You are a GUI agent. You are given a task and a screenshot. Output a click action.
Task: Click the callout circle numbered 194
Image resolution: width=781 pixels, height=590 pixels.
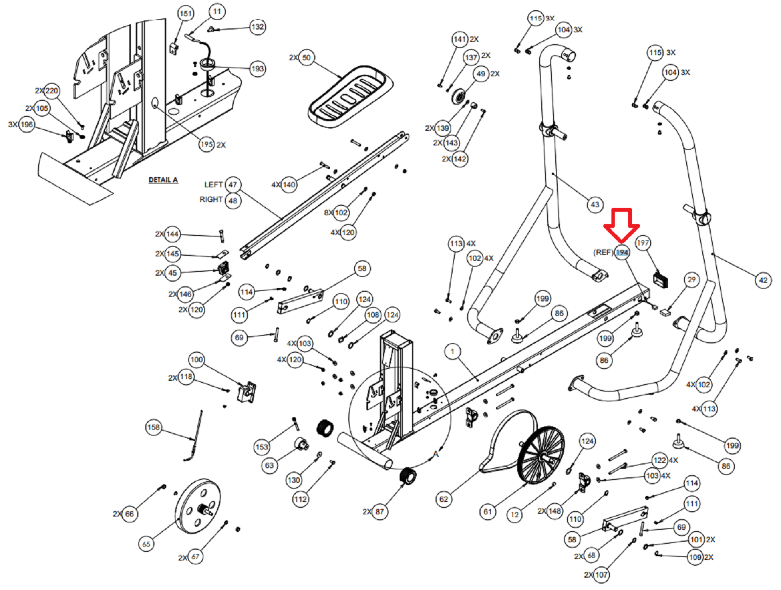tap(622, 252)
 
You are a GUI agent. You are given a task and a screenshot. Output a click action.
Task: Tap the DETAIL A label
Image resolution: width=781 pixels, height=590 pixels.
tap(163, 180)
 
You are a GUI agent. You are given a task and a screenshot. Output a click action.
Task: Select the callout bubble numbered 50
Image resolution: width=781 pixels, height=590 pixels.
tap(306, 57)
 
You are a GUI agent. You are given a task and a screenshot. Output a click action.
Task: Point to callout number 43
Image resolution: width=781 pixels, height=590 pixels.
tap(595, 204)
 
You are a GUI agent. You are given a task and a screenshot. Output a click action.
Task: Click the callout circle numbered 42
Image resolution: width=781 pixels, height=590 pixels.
tap(763, 280)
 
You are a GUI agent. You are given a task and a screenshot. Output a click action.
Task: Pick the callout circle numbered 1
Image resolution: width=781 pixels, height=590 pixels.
tap(453, 352)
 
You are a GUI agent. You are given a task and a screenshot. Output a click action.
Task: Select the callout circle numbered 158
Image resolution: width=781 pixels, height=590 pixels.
tap(153, 427)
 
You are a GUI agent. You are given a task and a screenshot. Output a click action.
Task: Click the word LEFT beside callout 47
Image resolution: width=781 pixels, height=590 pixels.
tap(213, 185)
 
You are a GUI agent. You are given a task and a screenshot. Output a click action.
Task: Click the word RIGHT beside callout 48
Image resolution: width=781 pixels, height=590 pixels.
tap(211, 200)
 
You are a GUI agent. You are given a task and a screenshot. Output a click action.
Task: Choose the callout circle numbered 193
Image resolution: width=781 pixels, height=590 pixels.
tap(258, 69)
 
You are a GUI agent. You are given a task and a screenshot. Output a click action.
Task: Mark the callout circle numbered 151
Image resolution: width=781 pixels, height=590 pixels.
tap(186, 14)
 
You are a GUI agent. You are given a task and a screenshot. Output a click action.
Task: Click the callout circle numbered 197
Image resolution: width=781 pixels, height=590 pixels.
tap(643, 243)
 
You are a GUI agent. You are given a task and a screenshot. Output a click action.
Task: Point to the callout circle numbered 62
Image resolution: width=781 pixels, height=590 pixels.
tap(444, 499)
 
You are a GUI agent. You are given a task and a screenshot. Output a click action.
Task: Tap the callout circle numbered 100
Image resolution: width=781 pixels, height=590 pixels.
tap(196, 360)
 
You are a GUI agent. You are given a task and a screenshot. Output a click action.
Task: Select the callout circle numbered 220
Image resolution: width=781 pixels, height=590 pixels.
tap(52, 91)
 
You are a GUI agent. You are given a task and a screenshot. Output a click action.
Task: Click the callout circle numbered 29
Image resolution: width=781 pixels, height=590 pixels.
tap(692, 279)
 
